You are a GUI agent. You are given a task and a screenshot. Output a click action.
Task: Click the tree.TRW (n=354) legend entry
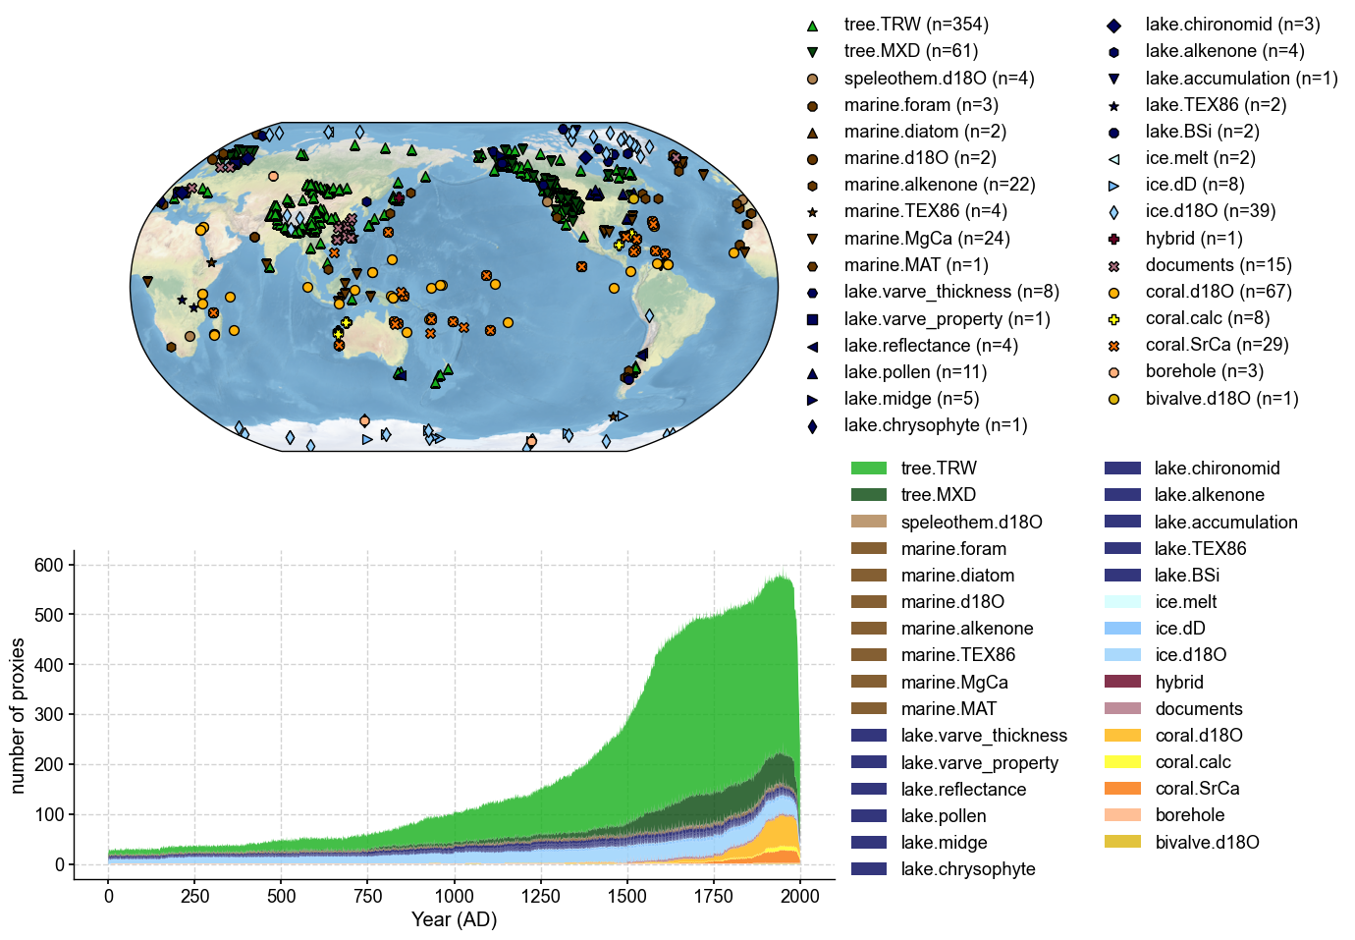(915, 25)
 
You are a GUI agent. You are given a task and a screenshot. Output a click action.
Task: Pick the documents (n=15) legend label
(1218, 265)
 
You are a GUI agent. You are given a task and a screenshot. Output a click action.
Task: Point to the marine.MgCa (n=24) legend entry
(926, 239)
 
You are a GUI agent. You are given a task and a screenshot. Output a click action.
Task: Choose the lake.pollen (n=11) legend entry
(915, 372)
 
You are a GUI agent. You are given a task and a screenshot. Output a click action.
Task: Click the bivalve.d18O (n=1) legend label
(1221, 399)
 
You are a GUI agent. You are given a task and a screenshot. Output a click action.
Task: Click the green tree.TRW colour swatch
(869, 469)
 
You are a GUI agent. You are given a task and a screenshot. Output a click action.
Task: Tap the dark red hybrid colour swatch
(1122, 682)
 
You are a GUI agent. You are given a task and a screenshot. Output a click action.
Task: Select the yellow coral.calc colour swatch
(1122, 762)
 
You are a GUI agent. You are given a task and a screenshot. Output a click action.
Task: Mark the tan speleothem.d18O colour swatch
(869, 522)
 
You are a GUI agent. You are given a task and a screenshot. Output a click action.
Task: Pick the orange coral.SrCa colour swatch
(1122, 789)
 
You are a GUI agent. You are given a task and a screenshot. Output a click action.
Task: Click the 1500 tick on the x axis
(627, 880)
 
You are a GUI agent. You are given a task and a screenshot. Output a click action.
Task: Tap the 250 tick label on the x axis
(194, 896)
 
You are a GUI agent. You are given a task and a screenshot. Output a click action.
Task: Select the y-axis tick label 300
(47, 715)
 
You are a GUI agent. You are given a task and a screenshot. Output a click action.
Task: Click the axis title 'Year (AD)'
(454, 920)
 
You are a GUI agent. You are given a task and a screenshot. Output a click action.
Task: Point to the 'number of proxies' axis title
(18, 715)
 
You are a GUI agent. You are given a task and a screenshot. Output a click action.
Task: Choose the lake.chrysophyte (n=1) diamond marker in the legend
(812, 426)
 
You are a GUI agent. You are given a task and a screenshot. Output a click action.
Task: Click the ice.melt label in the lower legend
(1185, 602)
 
